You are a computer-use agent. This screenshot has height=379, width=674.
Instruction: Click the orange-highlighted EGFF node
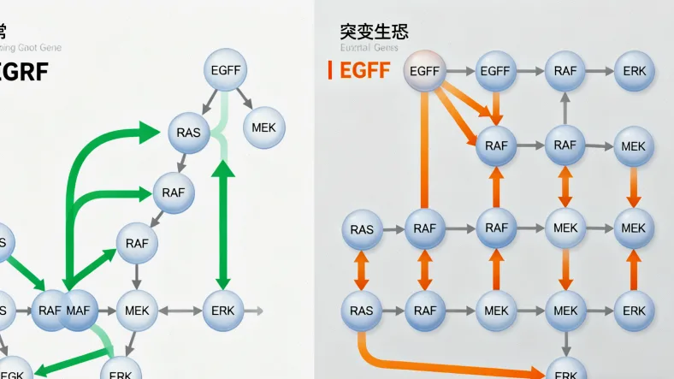tap(425, 71)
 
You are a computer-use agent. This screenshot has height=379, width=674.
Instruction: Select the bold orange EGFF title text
tap(365, 71)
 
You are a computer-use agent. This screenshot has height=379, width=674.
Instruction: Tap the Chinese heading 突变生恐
tap(374, 33)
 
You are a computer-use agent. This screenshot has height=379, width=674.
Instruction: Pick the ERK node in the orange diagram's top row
tap(635, 71)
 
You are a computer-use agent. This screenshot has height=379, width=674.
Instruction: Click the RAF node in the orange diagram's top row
tap(565, 71)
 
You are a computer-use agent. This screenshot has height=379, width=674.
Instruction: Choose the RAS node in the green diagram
tap(188, 132)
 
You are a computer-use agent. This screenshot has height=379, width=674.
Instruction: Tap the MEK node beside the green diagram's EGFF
tap(264, 127)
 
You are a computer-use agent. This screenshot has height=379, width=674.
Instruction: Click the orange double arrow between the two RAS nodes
tap(361, 269)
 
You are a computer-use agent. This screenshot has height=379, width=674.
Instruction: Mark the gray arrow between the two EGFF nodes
tap(461, 71)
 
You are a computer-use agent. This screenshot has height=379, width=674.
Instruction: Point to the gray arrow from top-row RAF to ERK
tap(600, 71)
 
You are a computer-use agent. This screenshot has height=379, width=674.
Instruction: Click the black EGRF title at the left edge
tap(24, 71)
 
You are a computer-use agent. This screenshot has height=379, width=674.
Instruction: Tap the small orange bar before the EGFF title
tap(330, 71)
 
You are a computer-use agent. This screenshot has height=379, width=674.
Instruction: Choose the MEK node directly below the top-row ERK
tap(634, 146)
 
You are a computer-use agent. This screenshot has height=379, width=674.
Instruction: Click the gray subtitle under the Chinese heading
tap(369, 48)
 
